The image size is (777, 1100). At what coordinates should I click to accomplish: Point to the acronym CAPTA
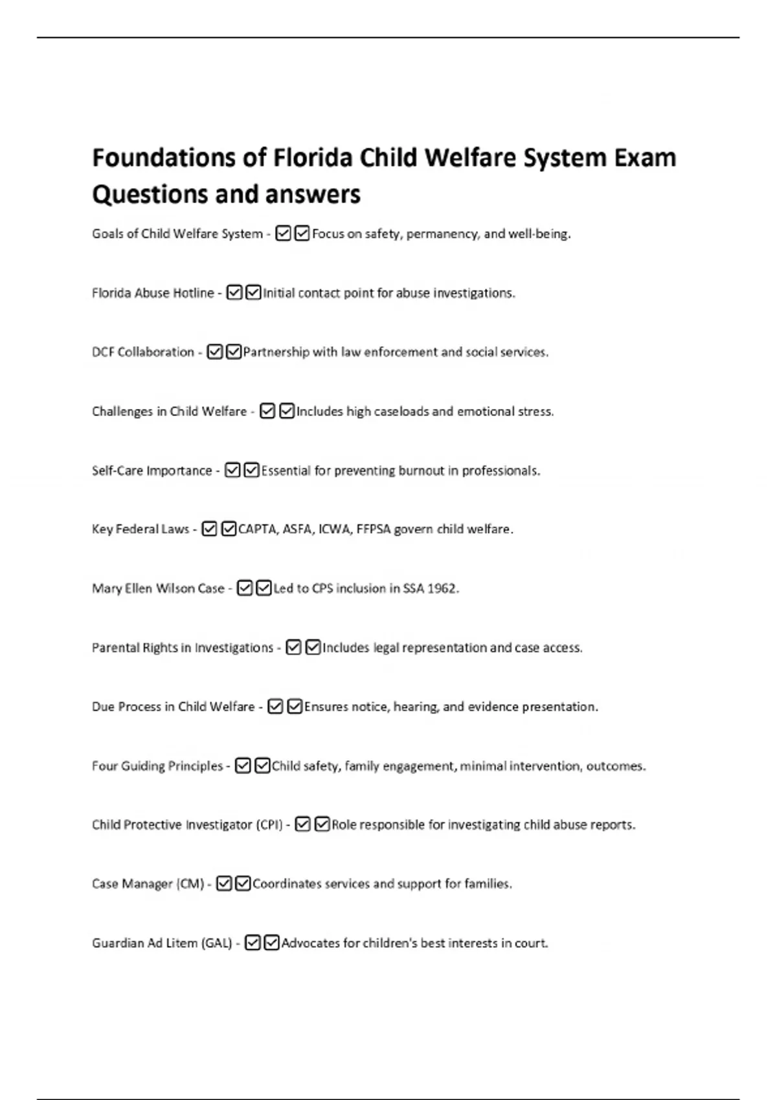pos(258,529)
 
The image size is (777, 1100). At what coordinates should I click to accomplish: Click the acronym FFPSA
pos(373,529)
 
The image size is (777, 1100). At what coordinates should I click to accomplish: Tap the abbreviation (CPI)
pos(269,825)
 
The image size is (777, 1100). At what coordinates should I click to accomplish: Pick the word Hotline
pos(193,293)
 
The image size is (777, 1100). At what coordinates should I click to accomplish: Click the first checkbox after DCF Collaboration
pos(214,352)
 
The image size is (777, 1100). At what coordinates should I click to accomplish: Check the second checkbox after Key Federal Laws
pos(229,529)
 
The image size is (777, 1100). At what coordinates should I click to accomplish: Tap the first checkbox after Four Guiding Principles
pos(243,766)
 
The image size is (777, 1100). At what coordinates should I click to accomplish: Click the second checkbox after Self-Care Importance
pos(252,470)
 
